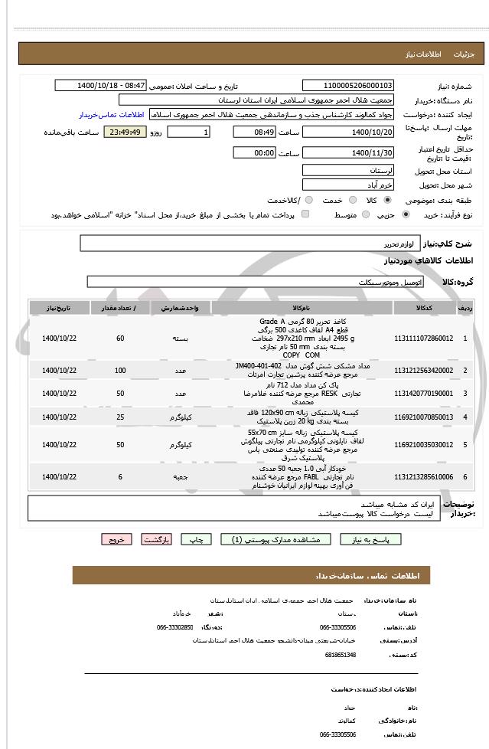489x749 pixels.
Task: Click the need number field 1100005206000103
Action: pyautogui.click(x=348, y=86)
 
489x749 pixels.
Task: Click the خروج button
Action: pyautogui.click(x=116, y=539)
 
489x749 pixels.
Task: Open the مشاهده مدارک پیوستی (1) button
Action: pyautogui.click(x=275, y=539)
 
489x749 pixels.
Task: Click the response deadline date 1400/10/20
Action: pyautogui.click(x=348, y=132)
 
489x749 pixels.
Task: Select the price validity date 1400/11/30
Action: pyautogui.click(x=348, y=152)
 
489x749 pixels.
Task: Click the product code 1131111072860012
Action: pyautogui.click(x=423, y=338)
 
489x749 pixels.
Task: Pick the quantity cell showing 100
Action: pyautogui.click(x=120, y=371)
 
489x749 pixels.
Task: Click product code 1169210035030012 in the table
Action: pyautogui.click(x=423, y=444)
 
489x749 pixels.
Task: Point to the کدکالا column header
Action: pyautogui.click(x=423, y=308)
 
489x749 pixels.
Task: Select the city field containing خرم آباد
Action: pyautogui.click(x=348, y=185)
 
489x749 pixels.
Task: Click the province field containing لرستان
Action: pyautogui.click(x=348, y=169)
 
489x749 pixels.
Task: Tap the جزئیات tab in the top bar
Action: pyautogui.click(x=464, y=55)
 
